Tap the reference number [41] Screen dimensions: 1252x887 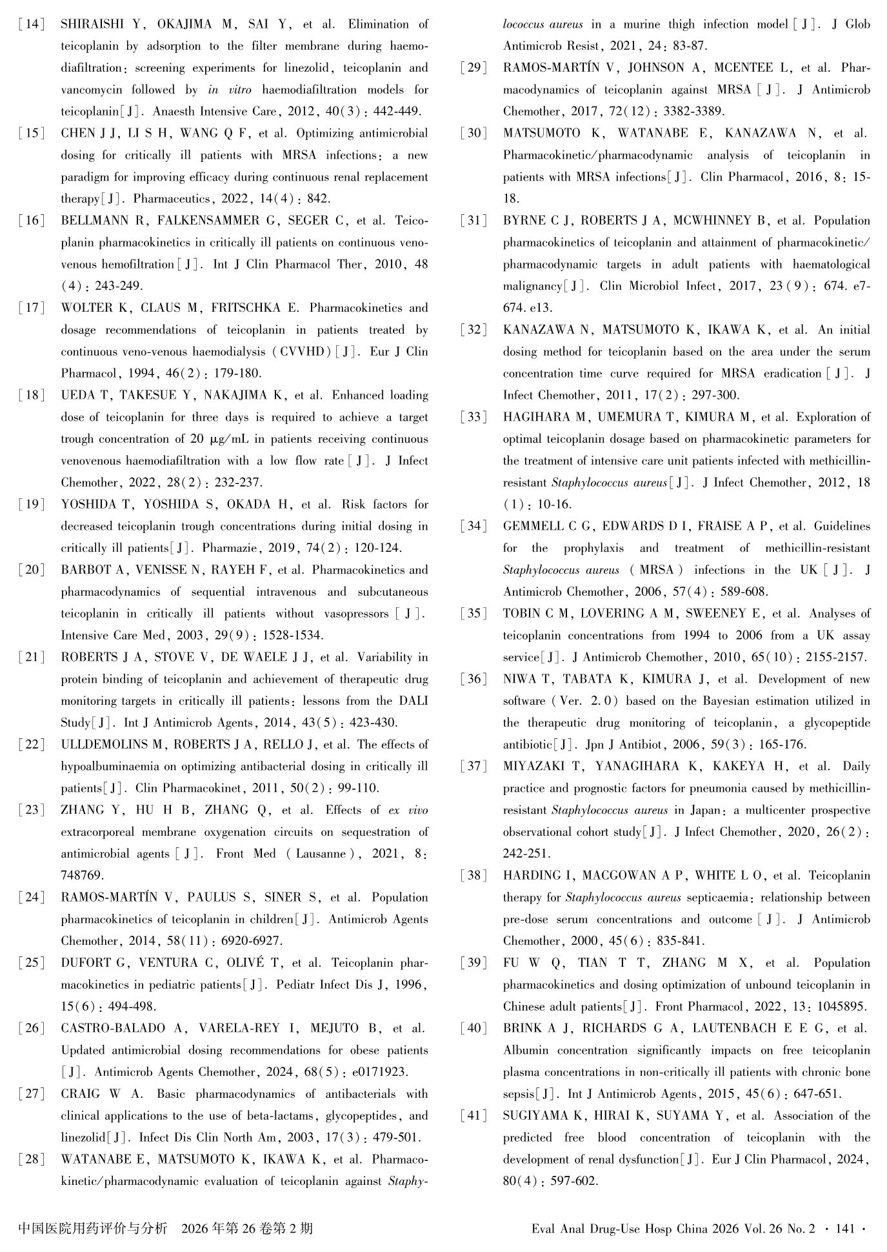tap(474, 1116)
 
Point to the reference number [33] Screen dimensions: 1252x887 tap(474, 417)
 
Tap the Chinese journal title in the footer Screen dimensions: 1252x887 tap(94, 1228)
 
